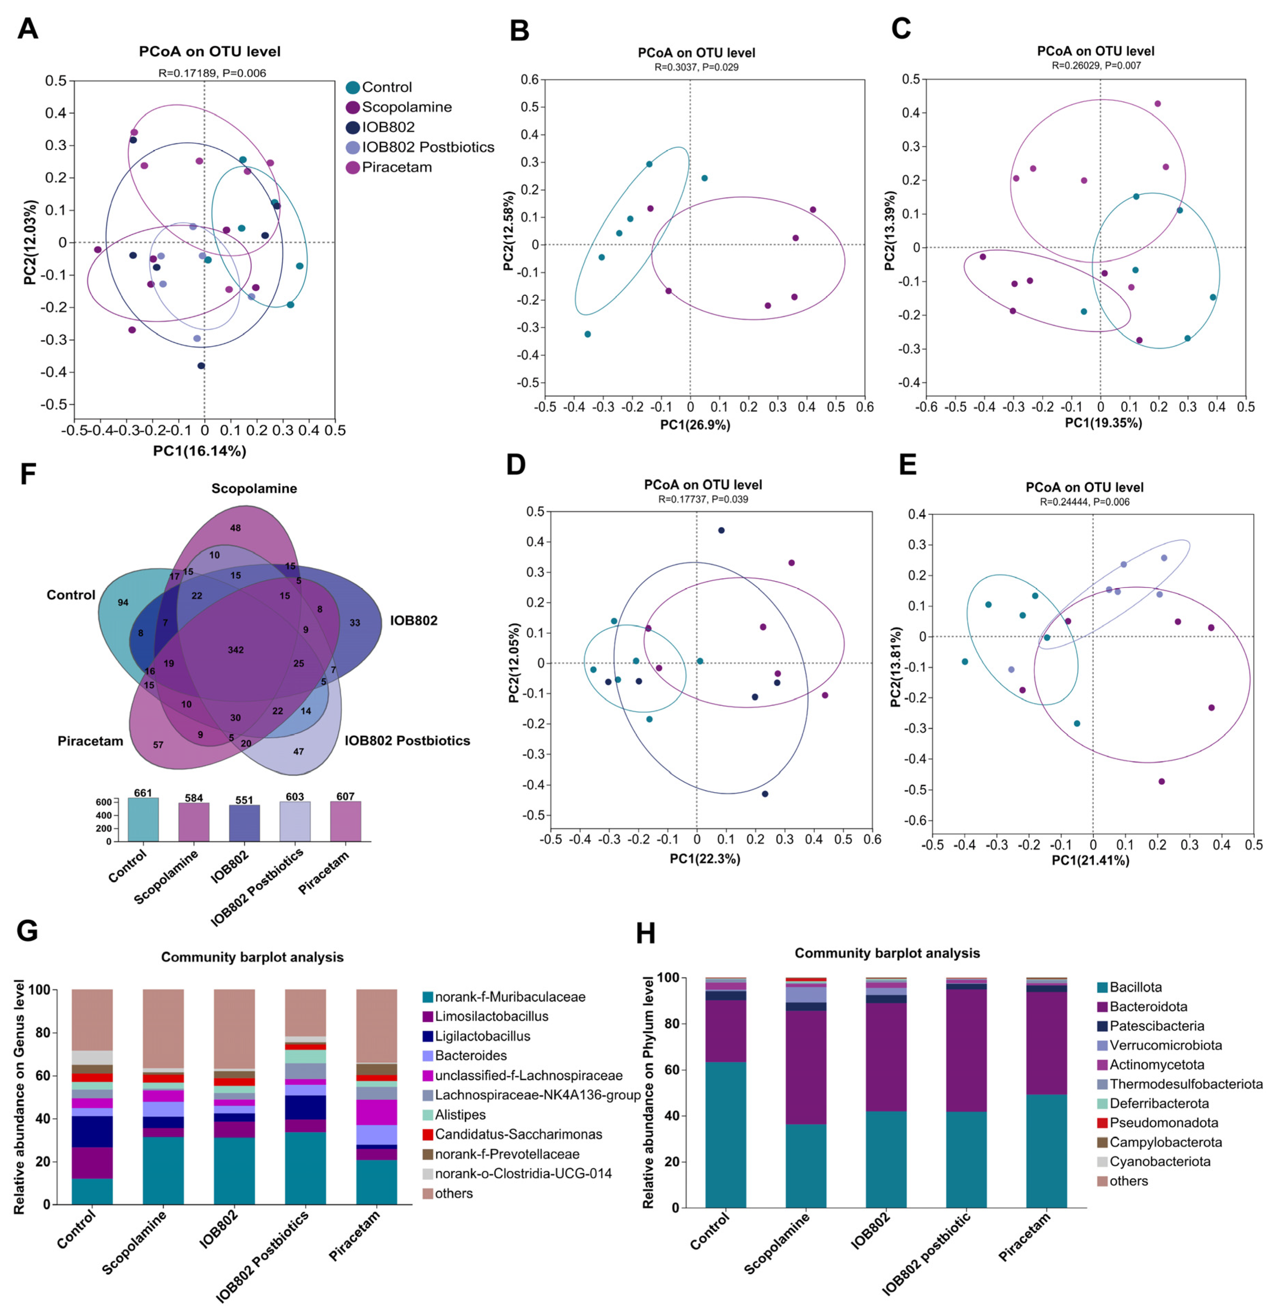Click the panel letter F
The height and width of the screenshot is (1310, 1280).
click(27, 474)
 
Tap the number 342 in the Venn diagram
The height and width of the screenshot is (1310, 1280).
click(235, 650)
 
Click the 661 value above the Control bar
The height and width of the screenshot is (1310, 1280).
click(143, 793)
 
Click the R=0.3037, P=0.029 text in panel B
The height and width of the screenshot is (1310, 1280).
click(696, 67)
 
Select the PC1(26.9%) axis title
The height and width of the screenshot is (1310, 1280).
click(695, 425)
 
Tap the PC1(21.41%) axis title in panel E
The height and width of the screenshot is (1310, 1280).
click(1090, 860)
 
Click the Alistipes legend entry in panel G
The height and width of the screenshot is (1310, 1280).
click(460, 1114)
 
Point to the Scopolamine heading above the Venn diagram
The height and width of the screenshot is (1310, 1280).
click(254, 488)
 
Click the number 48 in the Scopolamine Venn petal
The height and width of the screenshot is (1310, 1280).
click(235, 528)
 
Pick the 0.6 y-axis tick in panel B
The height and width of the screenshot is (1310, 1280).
click(530, 79)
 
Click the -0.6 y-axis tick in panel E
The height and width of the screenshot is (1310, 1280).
click(915, 820)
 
